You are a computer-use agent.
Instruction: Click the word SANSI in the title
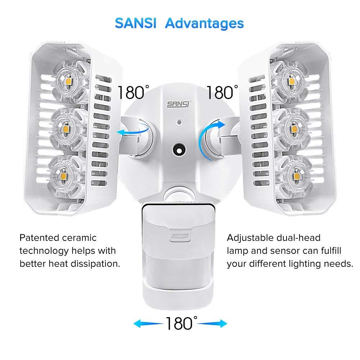[135, 23]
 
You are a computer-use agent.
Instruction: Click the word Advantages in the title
[204, 24]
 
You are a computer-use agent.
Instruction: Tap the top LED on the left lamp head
[69, 81]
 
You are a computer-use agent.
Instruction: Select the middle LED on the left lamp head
[66, 129]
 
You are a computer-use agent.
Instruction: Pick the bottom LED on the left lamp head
[64, 176]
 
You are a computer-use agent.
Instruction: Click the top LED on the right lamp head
[292, 81]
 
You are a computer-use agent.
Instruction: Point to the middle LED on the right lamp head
[294, 129]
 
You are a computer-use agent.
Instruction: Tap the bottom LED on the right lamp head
[297, 176]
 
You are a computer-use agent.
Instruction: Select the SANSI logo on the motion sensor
[180, 236]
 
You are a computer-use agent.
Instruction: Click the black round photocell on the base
[179, 149]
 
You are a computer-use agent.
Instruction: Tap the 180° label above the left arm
[133, 93]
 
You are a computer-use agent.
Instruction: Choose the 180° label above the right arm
[222, 93]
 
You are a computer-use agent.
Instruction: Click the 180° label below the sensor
[181, 323]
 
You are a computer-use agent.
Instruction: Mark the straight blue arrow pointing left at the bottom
[148, 323]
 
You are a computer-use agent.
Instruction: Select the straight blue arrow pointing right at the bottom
[212, 323]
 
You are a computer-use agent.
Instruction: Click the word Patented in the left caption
[39, 238]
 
